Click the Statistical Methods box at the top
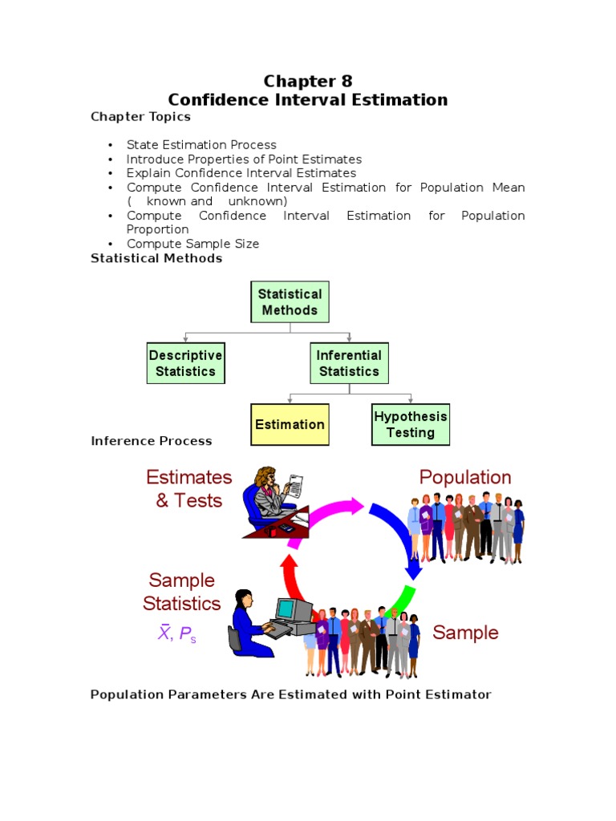(x=290, y=302)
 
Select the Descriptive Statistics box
(x=185, y=363)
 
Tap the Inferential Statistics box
(x=349, y=363)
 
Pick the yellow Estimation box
(x=290, y=424)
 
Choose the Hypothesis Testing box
(x=411, y=424)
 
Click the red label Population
(x=464, y=478)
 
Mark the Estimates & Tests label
(x=188, y=489)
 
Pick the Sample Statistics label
(x=182, y=592)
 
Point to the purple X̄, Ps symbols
(x=176, y=634)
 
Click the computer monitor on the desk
(x=294, y=610)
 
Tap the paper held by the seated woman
(x=295, y=484)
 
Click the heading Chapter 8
(x=308, y=81)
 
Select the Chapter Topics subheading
(x=140, y=117)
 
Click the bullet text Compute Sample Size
(x=192, y=244)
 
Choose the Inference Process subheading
(x=151, y=441)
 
